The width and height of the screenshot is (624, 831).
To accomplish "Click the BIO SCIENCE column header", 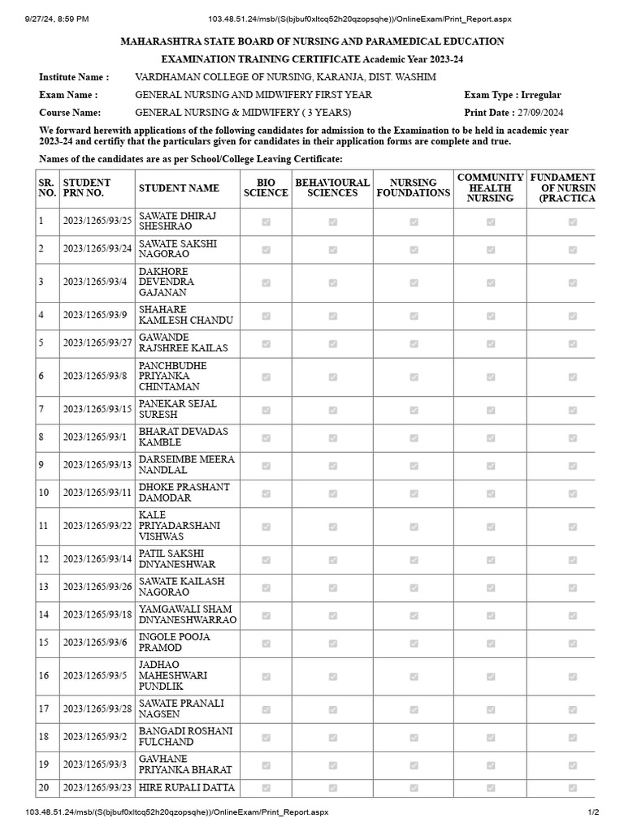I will (x=266, y=188).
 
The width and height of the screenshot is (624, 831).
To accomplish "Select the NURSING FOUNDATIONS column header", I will (x=414, y=188).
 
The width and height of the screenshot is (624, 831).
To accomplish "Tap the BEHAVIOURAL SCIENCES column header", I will (x=332, y=188).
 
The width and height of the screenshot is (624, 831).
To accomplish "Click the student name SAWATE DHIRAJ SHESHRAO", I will (x=175, y=222).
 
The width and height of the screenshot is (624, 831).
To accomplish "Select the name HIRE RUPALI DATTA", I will (x=187, y=788).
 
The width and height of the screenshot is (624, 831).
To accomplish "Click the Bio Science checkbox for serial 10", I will (x=266, y=493).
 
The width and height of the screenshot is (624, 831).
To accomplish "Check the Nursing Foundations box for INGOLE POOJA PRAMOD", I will (x=414, y=643).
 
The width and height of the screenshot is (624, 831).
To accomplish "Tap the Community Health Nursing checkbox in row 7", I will (x=491, y=410).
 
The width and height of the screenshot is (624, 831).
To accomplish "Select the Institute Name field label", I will (x=74, y=77).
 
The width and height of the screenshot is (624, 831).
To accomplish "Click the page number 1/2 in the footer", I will (x=593, y=812).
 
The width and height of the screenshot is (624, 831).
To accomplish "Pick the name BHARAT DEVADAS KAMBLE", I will (x=184, y=437).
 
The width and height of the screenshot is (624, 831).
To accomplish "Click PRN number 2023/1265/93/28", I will (x=97, y=709).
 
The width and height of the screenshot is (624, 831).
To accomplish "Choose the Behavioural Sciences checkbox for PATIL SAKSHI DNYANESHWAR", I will (x=332, y=559).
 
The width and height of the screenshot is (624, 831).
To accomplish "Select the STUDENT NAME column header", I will (x=179, y=188).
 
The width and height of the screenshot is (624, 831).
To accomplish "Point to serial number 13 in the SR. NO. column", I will (x=44, y=587).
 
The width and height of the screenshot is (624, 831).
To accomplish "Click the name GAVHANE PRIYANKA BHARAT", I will (x=185, y=764).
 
